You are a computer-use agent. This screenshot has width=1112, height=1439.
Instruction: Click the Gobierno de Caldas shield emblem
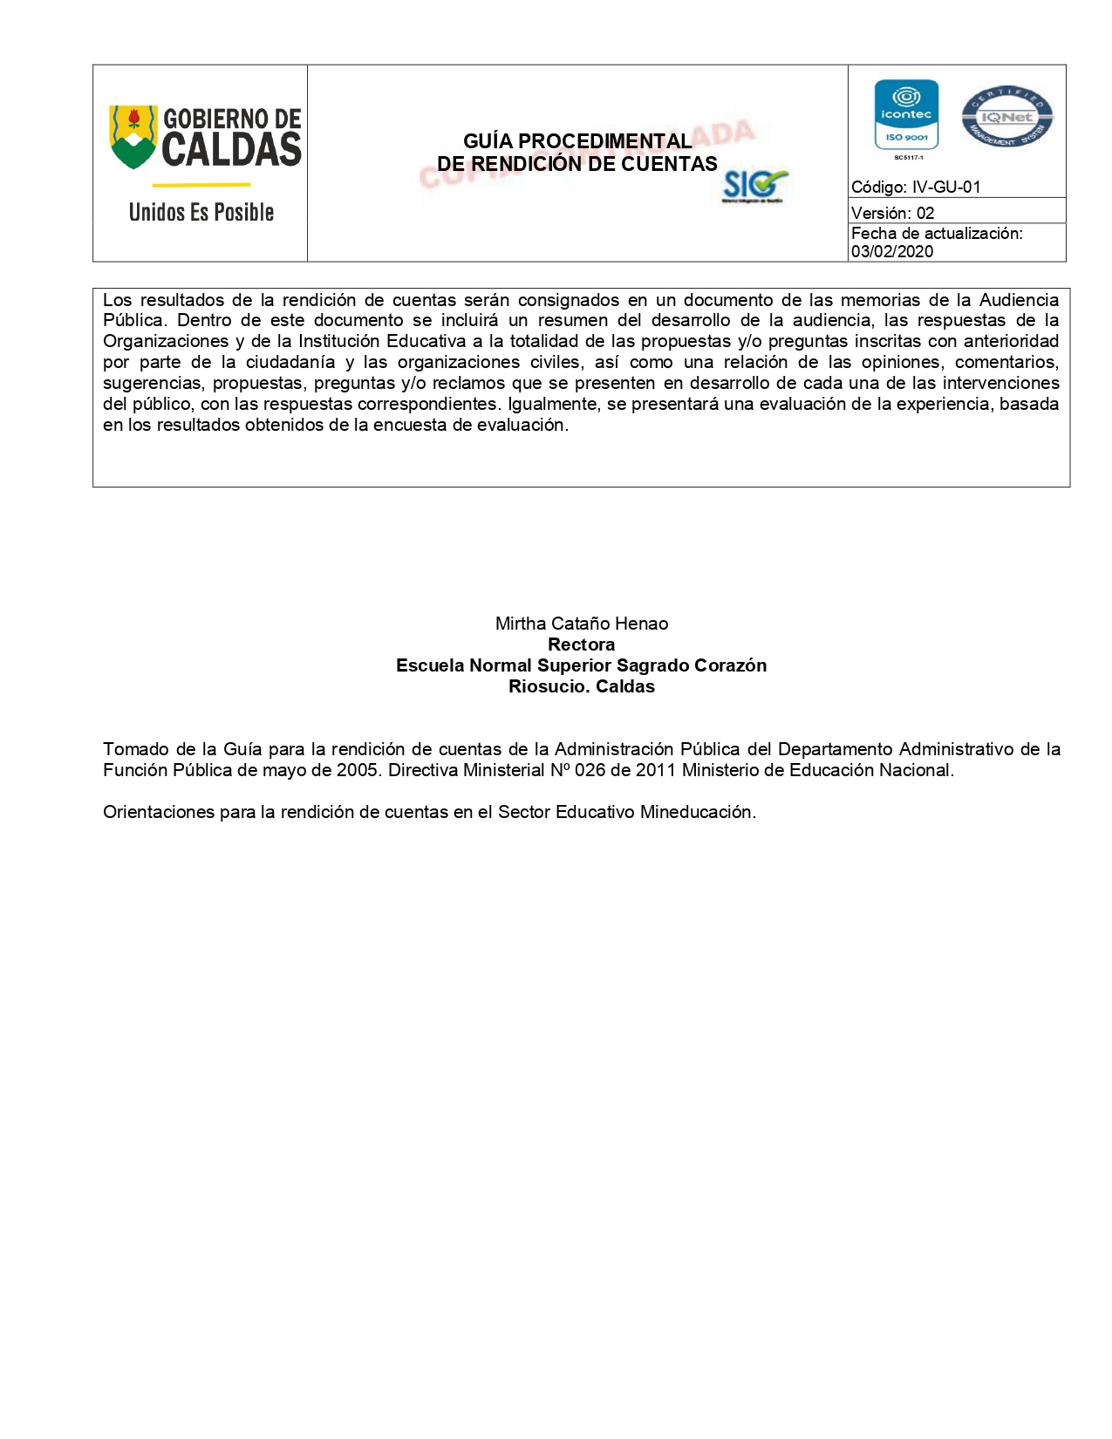[x=133, y=137]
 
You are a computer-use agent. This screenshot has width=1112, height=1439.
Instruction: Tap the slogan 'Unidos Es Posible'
[x=201, y=212]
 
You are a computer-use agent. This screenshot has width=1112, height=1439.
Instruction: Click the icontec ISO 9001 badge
[x=906, y=116]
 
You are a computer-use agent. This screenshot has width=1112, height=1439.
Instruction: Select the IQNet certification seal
[x=1007, y=117]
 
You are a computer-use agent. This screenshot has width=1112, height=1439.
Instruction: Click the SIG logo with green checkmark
[x=754, y=186]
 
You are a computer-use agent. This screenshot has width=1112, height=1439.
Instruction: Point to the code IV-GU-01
[x=946, y=188]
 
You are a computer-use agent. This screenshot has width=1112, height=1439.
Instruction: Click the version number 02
[x=925, y=214]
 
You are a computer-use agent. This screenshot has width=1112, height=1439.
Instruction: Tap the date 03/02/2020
[x=892, y=252]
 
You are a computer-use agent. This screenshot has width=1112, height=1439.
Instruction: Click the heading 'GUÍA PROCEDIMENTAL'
[x=577, y=141]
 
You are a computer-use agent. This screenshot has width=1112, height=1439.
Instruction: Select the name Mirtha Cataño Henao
[x=582, y=624]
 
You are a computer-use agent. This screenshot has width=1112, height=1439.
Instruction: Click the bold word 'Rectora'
[x=582, y=644]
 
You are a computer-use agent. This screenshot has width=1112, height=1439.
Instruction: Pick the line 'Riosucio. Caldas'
[x=582, y=686]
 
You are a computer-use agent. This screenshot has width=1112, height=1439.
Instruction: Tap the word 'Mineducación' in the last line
[x=698, y=812]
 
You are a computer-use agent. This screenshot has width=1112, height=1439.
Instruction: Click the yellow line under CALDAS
[x=201, y=185]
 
